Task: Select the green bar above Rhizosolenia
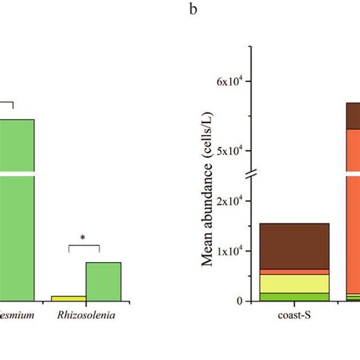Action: [103, 281]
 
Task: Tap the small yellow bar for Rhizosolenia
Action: [68, 298]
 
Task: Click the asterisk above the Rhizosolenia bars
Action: [83, 238]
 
